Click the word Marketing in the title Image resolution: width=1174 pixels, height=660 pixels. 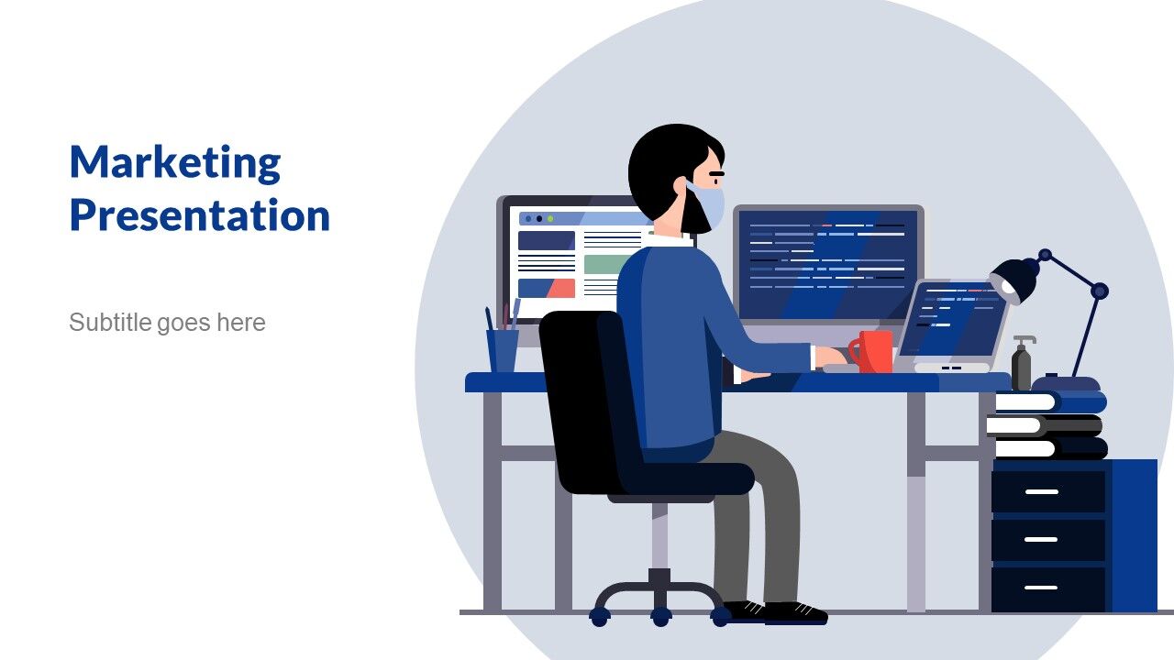click(x=175, y=163)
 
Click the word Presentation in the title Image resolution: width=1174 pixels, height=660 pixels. click(x=200, y=214)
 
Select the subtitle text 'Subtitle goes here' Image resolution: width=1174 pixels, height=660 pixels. click(x=167, y=323)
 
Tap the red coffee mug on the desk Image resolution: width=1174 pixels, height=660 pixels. click(x=871, y=351)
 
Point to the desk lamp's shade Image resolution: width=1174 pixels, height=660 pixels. click(x=1014, y=280)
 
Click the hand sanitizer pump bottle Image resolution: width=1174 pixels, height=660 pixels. click(x=1022, y=362)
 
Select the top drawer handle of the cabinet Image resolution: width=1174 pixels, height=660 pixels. click(x=1041, y=492)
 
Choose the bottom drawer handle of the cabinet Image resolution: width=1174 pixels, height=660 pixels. click(x=1041, y=588)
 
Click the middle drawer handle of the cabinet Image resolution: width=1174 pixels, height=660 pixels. click(x=1041, y=540)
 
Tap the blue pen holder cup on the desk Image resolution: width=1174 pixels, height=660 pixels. click(x=503, y=350)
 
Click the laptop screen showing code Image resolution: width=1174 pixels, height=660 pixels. click(x=953, y=318)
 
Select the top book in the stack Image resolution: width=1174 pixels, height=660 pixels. click(x=1051, y=402)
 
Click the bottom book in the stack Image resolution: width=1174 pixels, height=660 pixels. click(x=1051, y=448)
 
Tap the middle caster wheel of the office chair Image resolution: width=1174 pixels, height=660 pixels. click(x=661, y=616)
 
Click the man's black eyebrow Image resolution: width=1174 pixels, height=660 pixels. click(x=716, y=173)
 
